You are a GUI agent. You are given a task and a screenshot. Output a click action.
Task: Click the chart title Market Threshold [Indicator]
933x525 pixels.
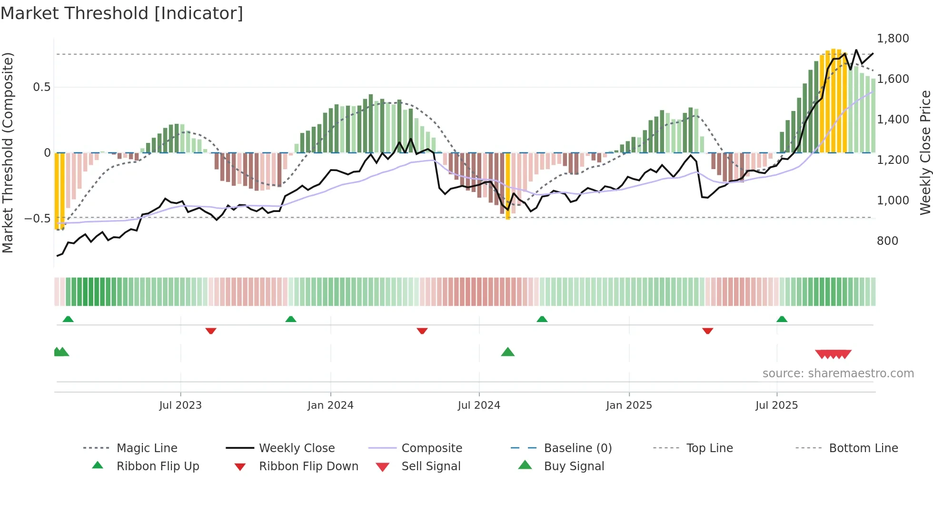[122, 13]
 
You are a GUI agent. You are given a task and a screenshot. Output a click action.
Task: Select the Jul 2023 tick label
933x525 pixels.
[180, 405]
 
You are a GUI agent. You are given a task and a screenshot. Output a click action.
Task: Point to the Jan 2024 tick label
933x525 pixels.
[330, 405]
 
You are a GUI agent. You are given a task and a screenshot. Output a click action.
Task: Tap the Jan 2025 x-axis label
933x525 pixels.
[629, 405]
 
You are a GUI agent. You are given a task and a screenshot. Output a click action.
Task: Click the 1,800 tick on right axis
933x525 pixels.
[893, 39]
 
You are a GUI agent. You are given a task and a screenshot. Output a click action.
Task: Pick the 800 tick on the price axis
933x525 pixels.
[887, 241]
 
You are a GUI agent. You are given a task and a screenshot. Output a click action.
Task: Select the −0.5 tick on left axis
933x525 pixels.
[38, 219]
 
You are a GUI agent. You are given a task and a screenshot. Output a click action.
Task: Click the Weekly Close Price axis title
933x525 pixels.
[925, 152]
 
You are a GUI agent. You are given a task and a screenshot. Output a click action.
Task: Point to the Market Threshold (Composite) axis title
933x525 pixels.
[8, 152]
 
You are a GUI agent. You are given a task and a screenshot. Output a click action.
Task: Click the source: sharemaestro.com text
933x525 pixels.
[838, 374]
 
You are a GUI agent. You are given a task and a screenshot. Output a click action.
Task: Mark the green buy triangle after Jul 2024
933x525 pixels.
[508, 352]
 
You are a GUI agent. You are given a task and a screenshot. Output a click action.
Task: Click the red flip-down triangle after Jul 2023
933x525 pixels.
[211, 331]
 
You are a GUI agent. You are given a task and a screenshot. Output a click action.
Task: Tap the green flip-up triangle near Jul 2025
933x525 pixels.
[782, 319]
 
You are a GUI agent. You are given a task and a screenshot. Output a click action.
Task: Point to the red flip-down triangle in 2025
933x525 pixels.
[707, 331]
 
